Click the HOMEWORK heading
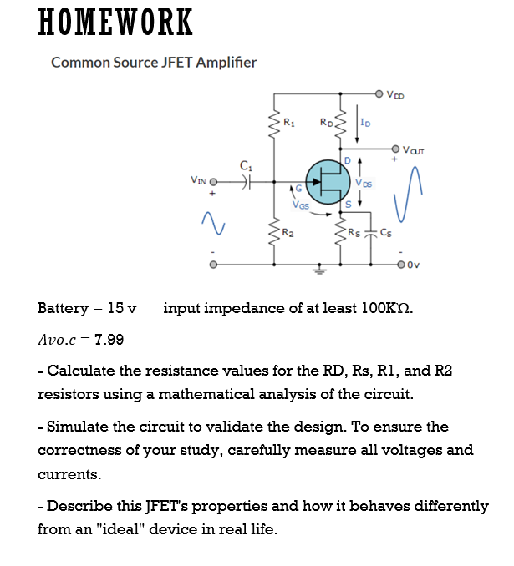click(x=116, y=23)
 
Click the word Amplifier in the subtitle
click(x=223, y=63)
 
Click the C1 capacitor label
click(x=245, y=165)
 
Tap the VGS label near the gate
click(x=300, y=204)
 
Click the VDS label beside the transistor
click(x=364, y=183)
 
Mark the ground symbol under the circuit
click(x=318, y=270)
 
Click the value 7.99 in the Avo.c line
click(x=110, y=339)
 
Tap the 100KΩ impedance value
click(x=381, y=308)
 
